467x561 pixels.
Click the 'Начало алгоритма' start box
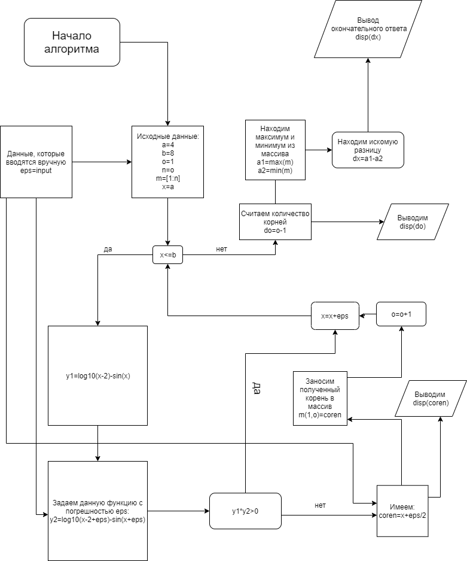[x=72, y=43]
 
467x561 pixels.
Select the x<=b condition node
[x=167, y=254]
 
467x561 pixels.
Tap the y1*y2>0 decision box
[x=245, y=511]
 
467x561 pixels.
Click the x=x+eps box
[x=335, y=316]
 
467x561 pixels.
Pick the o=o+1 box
[x=401, y=314]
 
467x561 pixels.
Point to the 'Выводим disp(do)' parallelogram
[x=413, y=222]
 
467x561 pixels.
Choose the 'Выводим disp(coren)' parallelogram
[x=431, y=399]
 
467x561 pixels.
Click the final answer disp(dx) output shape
[x=368, y=29]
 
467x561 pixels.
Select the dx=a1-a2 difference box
[x=368, y=150]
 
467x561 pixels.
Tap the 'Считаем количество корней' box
[x=275, y=222]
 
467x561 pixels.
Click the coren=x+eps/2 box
[x=402, y=511]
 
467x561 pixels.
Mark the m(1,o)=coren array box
[x=320, y=398]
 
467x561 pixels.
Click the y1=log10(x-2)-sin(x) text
[x=98, y=375]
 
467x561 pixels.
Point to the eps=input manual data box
[x=36, y=162]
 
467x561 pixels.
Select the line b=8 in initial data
[x=167, y=153]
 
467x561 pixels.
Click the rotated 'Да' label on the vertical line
[x=257, y=388]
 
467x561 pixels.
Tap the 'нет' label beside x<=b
[x=221, y=249]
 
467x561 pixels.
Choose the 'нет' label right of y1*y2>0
[x=320, y=505]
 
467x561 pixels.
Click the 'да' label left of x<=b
[x=108, y=249]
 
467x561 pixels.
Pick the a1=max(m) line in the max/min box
[x=275, y=162]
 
